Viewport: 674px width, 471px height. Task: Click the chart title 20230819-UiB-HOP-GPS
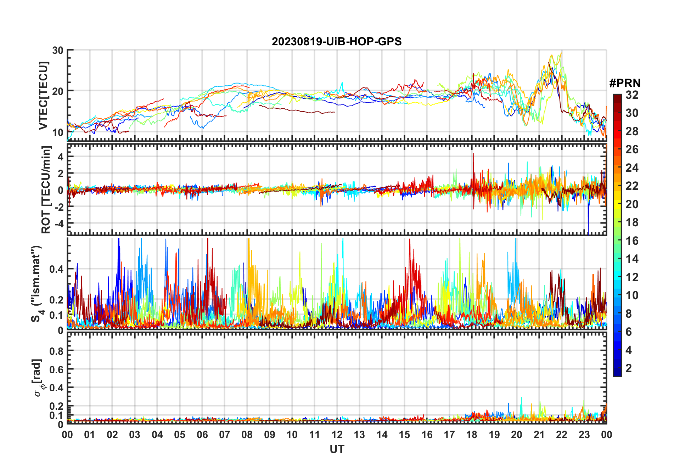click(337, 41)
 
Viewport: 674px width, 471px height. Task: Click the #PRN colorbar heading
click(625, 83)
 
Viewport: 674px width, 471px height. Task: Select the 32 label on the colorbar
click(632, 95)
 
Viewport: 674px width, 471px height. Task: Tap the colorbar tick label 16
click(632, 241)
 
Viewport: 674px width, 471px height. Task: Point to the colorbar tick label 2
click(629, 368)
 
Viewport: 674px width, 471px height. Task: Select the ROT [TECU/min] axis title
click(46, 189)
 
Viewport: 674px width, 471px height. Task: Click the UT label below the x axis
click(337, 449)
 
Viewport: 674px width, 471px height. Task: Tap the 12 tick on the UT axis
click(337, 435)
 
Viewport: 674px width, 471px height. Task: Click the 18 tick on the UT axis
click(472, 435)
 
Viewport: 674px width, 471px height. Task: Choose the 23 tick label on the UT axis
click(584, 435)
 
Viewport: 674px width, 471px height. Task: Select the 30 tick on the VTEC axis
click(58, 50)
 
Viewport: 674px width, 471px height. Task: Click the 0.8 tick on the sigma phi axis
click(57, 351)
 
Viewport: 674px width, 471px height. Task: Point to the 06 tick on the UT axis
click(202, 435)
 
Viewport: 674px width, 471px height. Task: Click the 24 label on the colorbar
click(632, 168)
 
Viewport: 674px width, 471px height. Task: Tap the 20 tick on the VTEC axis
click(58, 91)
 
